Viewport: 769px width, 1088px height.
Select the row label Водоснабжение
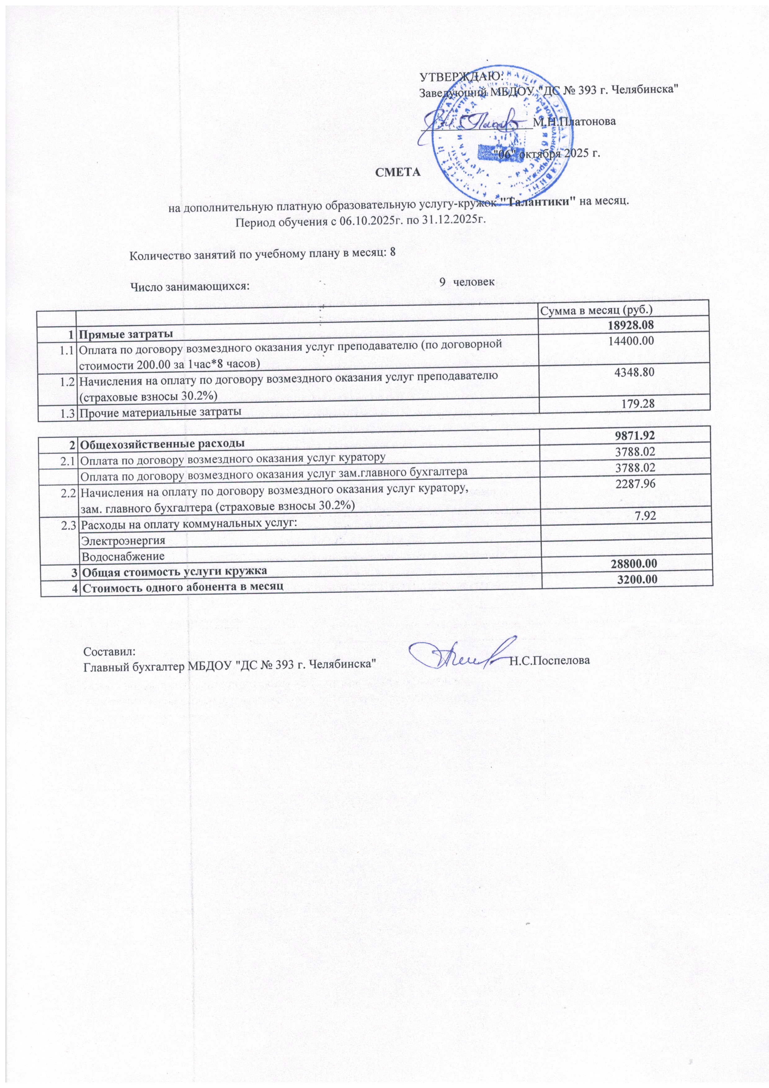123,555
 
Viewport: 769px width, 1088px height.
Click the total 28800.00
630,563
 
